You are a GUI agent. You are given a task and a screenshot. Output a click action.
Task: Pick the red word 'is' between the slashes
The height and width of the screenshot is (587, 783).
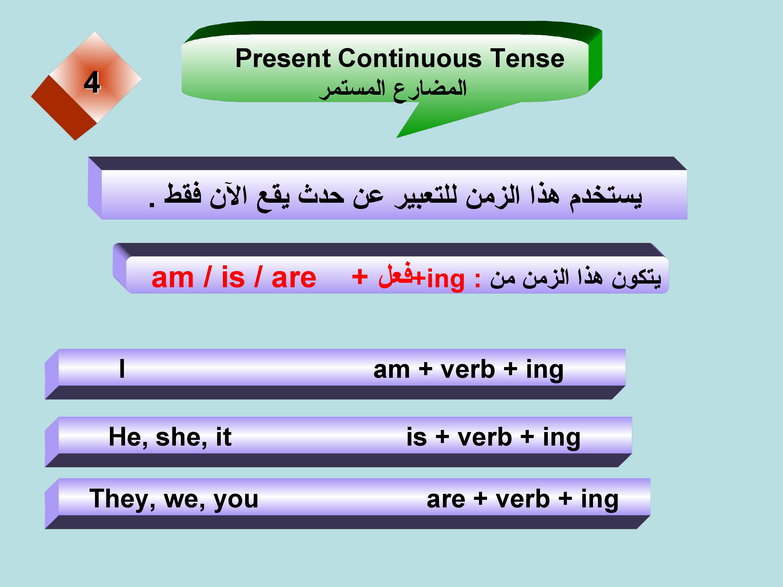pos(233,277)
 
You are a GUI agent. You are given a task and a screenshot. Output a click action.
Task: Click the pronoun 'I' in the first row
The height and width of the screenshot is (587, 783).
pos(122,369)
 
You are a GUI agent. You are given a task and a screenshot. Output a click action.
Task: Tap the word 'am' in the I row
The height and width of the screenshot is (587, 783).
pos(391,370)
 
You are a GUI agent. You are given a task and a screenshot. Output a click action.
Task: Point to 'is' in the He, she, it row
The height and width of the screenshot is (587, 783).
pos(417,437)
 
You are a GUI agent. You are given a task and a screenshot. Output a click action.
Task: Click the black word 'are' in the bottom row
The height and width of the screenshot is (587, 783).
pos(446,500)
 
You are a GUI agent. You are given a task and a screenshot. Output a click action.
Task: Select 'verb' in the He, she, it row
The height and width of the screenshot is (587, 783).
pos(485,437)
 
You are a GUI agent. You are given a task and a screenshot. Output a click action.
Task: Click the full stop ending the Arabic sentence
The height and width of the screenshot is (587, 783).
pos(152,205)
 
